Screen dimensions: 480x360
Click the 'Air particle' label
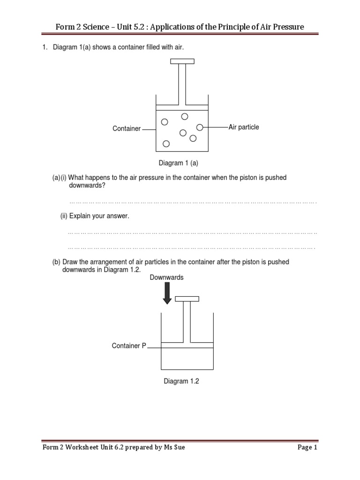click(x=244, y=127)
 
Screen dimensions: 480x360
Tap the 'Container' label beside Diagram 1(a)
click(x=127, y=128)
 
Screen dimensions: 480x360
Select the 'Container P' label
click(x=129, y=346)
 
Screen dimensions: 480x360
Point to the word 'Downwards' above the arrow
click(x=166, y=277)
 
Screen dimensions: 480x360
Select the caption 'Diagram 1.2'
click(x=181, y=382)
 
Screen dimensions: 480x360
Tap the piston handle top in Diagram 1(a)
click(x=182, y=61)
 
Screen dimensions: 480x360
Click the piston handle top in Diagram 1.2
click(x=187, y=299)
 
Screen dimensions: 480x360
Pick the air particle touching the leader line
click(x=200, y=127)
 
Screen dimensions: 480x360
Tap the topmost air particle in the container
click(x=184, y=116)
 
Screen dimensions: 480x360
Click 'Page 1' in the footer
click(x=307, y=448)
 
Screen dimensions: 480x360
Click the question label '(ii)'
click(x=64, y=216)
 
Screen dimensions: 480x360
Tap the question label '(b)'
click(x=56, y=262)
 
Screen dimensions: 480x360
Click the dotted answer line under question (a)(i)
click(x=192, y=202)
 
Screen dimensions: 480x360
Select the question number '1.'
click(x=45, y=47)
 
